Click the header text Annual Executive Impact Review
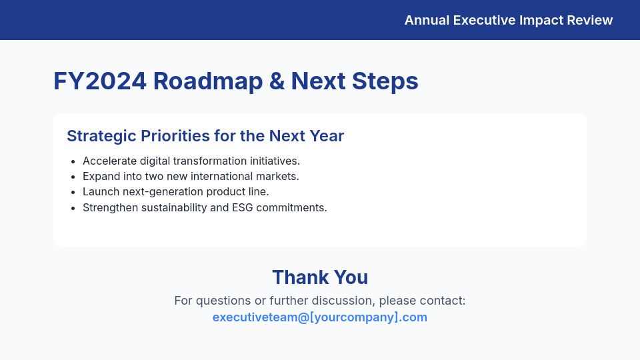click(x=508, y=20)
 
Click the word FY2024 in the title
click(x=100, y=81)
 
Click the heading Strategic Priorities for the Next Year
click(x=205, y=136)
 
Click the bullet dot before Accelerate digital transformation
click(x=73, y=161)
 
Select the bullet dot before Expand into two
click(x=73, y=177)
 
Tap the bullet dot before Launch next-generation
click(x=73, y=192)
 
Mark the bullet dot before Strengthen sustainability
click(x=73, y=207)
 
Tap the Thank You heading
click(x=320, y=277)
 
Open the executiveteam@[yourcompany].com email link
click(x=320, y=317)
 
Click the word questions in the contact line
click(x=221, y=301)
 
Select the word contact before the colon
click(x=443, y=301)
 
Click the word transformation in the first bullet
click(x=213, y=161)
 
